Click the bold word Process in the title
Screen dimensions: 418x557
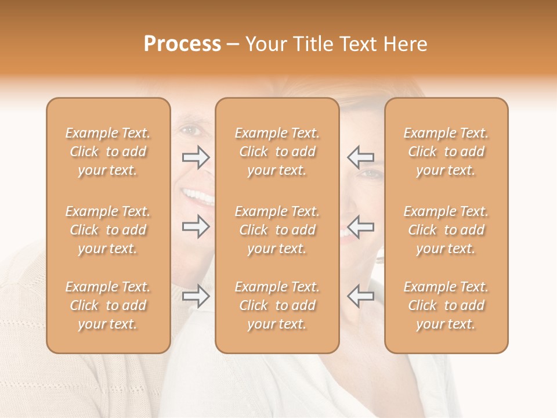click(182, 44)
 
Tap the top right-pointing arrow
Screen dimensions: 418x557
click(196, 157)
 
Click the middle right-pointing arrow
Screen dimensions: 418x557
click(196, 226)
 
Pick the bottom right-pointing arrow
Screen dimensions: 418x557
click(196, 296)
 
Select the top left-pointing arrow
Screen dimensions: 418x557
click(360, 157)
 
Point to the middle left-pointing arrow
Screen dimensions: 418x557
click(360, 226)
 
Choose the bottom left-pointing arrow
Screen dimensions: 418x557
click(360, 296)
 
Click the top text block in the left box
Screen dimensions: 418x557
click(108, 152)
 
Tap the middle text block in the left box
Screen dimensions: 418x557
click(108, 230)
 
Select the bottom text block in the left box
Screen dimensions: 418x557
click(108, 305)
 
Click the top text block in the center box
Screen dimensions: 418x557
click(277, 152)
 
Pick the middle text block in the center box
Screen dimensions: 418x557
click(277, 230)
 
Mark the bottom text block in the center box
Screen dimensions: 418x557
click(277, 305)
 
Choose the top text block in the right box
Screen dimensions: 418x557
click(446, 152)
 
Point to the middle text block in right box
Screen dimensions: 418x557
click(446, 230)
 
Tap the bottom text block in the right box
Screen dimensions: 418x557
click(446, 305)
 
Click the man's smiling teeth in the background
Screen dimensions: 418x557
click(198, 196)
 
